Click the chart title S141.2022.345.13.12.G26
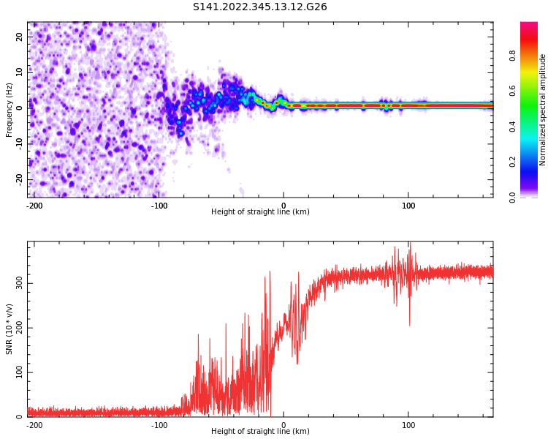click(x=259, y=7)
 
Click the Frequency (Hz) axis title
click(x=9, y=110)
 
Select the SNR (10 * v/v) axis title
click(x=9, y=329)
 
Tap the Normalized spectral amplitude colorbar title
click(x=543, y=110)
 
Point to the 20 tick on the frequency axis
click(x=20, y=36)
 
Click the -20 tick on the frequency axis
click(x=18, y=179)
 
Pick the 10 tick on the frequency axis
click(x=20, y=72)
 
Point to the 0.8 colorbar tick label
click(x=533, y=54)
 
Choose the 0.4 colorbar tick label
click(x=533, y=126)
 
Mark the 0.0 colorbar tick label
click(x=533, y=197)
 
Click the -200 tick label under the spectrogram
click(x=34, y=206)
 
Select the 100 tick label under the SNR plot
click(x=408, y=425)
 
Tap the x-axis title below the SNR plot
click(x=260, y=432)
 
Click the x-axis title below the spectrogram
click(x=260, y=212)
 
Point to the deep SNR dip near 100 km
click(x=409, y=324)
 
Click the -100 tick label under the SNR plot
click(x=159, y=425)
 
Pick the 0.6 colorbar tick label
click(x=533, y=90)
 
